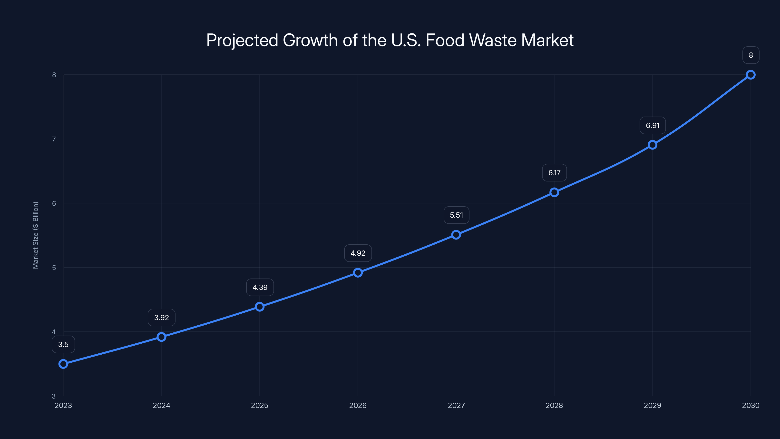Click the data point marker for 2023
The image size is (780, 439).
63,364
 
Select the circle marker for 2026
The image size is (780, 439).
358,273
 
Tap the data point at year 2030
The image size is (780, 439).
750,75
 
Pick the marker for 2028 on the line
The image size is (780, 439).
554,192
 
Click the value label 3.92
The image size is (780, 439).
161,318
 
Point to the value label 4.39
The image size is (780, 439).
260,287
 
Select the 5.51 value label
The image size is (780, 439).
456,215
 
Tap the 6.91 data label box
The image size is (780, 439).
653,125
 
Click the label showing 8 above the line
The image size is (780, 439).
751,55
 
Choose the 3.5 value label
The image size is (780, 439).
63,344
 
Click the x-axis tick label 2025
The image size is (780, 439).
260,405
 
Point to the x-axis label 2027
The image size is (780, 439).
456,405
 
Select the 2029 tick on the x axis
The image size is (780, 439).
652,405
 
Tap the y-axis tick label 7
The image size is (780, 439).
54,139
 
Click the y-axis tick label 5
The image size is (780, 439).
54,268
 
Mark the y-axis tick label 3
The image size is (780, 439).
54,396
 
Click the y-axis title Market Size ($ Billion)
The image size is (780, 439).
35,235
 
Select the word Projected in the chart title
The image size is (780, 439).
242,40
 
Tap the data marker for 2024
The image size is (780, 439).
161,337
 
